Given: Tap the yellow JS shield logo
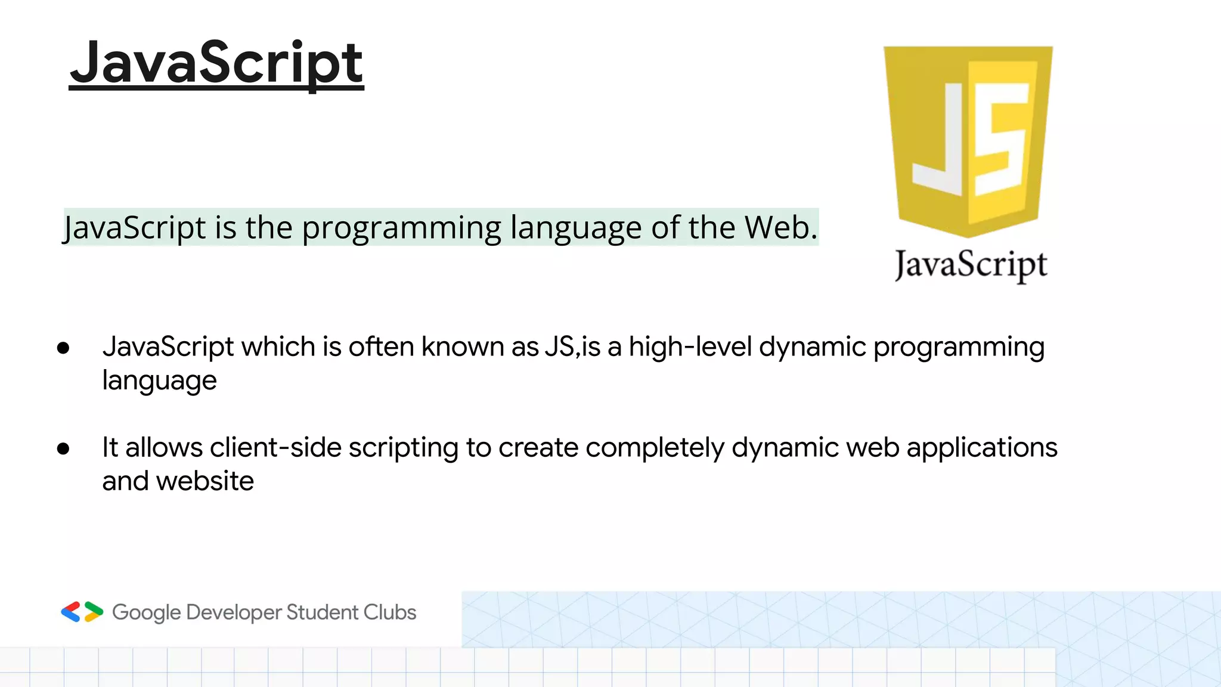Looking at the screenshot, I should [968, 140].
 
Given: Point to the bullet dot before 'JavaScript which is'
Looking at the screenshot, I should [63, 348].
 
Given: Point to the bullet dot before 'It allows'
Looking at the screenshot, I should [63, 448].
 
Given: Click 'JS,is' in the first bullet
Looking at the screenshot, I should [572, 347].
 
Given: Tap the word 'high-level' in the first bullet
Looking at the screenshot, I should [690, 347].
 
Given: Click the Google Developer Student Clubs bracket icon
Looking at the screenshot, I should [82, 612].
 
